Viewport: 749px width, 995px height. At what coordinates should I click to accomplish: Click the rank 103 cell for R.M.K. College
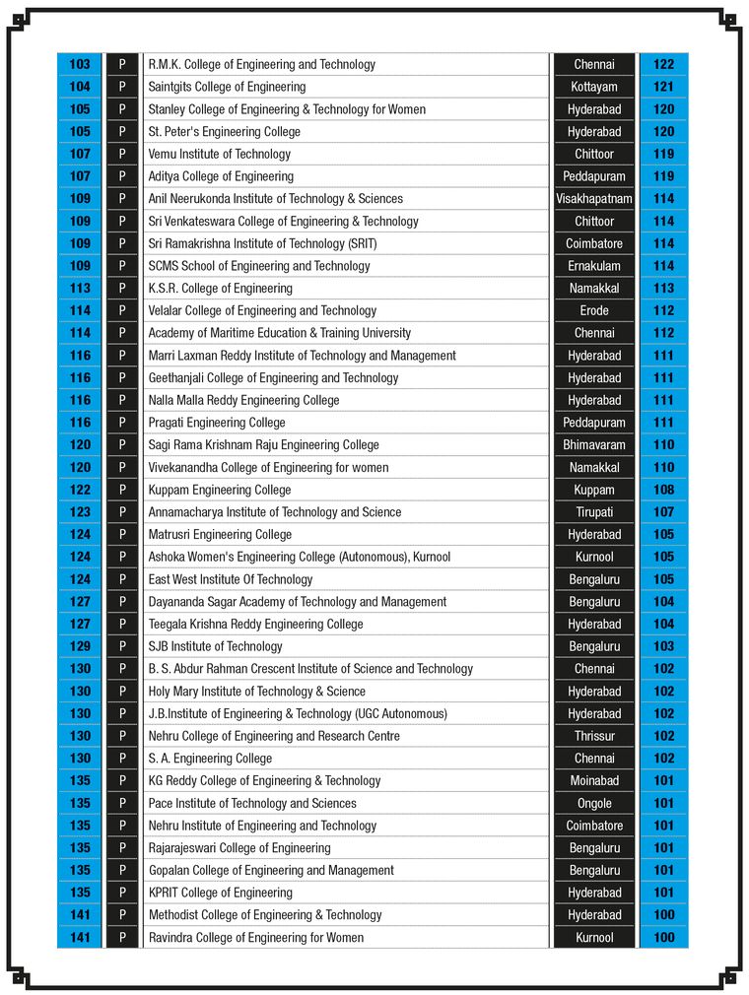pyautogui.click(x=80, y=65)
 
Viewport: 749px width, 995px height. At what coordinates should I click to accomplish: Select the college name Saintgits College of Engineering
pyautogui.click(x=227, y=87)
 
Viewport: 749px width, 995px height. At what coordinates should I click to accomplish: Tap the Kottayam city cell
pyautogui.click(x=594, y=87)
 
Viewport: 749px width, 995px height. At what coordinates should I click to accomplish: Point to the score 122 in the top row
pyautogui.click(x=663, y=65)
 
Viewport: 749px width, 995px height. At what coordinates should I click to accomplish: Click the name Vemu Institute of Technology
pyautogui.click(x=220, y=154)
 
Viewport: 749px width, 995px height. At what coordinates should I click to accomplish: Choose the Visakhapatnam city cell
pyautogui.click(x=594, y=199)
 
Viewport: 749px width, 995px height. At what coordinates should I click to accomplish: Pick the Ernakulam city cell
pyautogui.click(x=594, y=266)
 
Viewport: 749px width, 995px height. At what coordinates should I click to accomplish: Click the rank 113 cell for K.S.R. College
pyautogui.click(x=80, y=289)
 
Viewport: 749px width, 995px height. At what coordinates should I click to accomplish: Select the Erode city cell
pyautogui.click(x=594, y=310)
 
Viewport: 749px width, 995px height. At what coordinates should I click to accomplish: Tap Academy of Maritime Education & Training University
pyautogui.click(x=280, y=333)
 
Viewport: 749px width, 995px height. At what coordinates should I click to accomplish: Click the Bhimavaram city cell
pyautogui.click(x=594, y=445)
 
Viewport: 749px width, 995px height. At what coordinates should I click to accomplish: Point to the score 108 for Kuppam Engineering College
pyautogui.click(x=663, y=490)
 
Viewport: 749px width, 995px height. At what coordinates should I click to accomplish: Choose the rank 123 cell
pyautogui.click(x=80, y=512)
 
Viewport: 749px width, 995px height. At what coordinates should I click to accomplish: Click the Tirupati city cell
pyautogui.click(x=594, y=512)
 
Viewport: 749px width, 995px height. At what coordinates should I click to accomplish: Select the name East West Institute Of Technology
pyautogui.click(x=231, y=579)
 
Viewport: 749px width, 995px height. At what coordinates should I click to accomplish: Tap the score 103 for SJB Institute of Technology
pyautogui.click(x=663, y=646)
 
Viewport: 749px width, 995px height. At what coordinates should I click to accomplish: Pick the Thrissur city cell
pyautogui.click(x=594, y=736)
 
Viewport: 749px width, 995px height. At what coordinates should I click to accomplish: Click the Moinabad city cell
pyautogui.click(x=594, y=781)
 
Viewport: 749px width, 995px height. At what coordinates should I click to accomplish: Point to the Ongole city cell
pyautogui.click(x=594, y=803)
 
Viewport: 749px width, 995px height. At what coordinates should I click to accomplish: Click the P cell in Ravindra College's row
pyautogui.click(x=122, y=938)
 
